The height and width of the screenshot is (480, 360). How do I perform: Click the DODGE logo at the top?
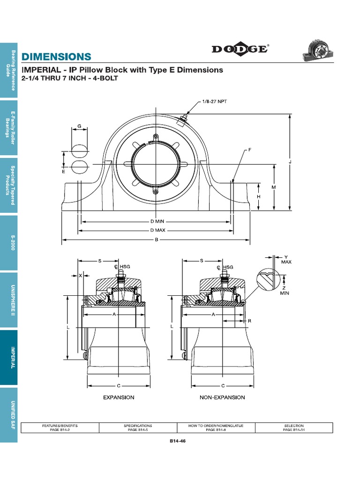[x=240, y=49]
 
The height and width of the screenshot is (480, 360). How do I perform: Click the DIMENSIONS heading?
[x=56, y=57]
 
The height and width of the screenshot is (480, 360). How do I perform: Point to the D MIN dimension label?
[x=157, y=221]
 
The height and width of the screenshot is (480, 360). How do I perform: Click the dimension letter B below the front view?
[x=156, y=240]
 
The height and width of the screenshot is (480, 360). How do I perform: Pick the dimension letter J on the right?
[x=291, y=162]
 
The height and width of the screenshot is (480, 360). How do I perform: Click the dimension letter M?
[x=274, y=187]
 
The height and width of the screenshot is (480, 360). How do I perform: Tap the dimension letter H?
[x=258, y=197]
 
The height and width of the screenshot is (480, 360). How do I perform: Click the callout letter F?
[x=250, y=150]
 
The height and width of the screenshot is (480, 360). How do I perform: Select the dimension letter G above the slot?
[x=79, y=126]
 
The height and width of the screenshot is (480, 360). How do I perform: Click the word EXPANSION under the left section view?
[x=119, y=397]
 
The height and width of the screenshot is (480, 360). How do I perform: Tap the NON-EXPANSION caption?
[x=222, y=397]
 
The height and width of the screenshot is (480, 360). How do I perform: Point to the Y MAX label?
[x=286, y=259]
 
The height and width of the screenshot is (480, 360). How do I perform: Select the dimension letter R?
[x=249, y=321]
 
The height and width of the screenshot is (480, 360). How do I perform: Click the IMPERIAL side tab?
[x=8, y=358]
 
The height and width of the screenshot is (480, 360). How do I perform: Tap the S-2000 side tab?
[x=8, y=243]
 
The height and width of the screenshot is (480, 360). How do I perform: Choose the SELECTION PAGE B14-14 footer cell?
[x=294, y=427]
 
